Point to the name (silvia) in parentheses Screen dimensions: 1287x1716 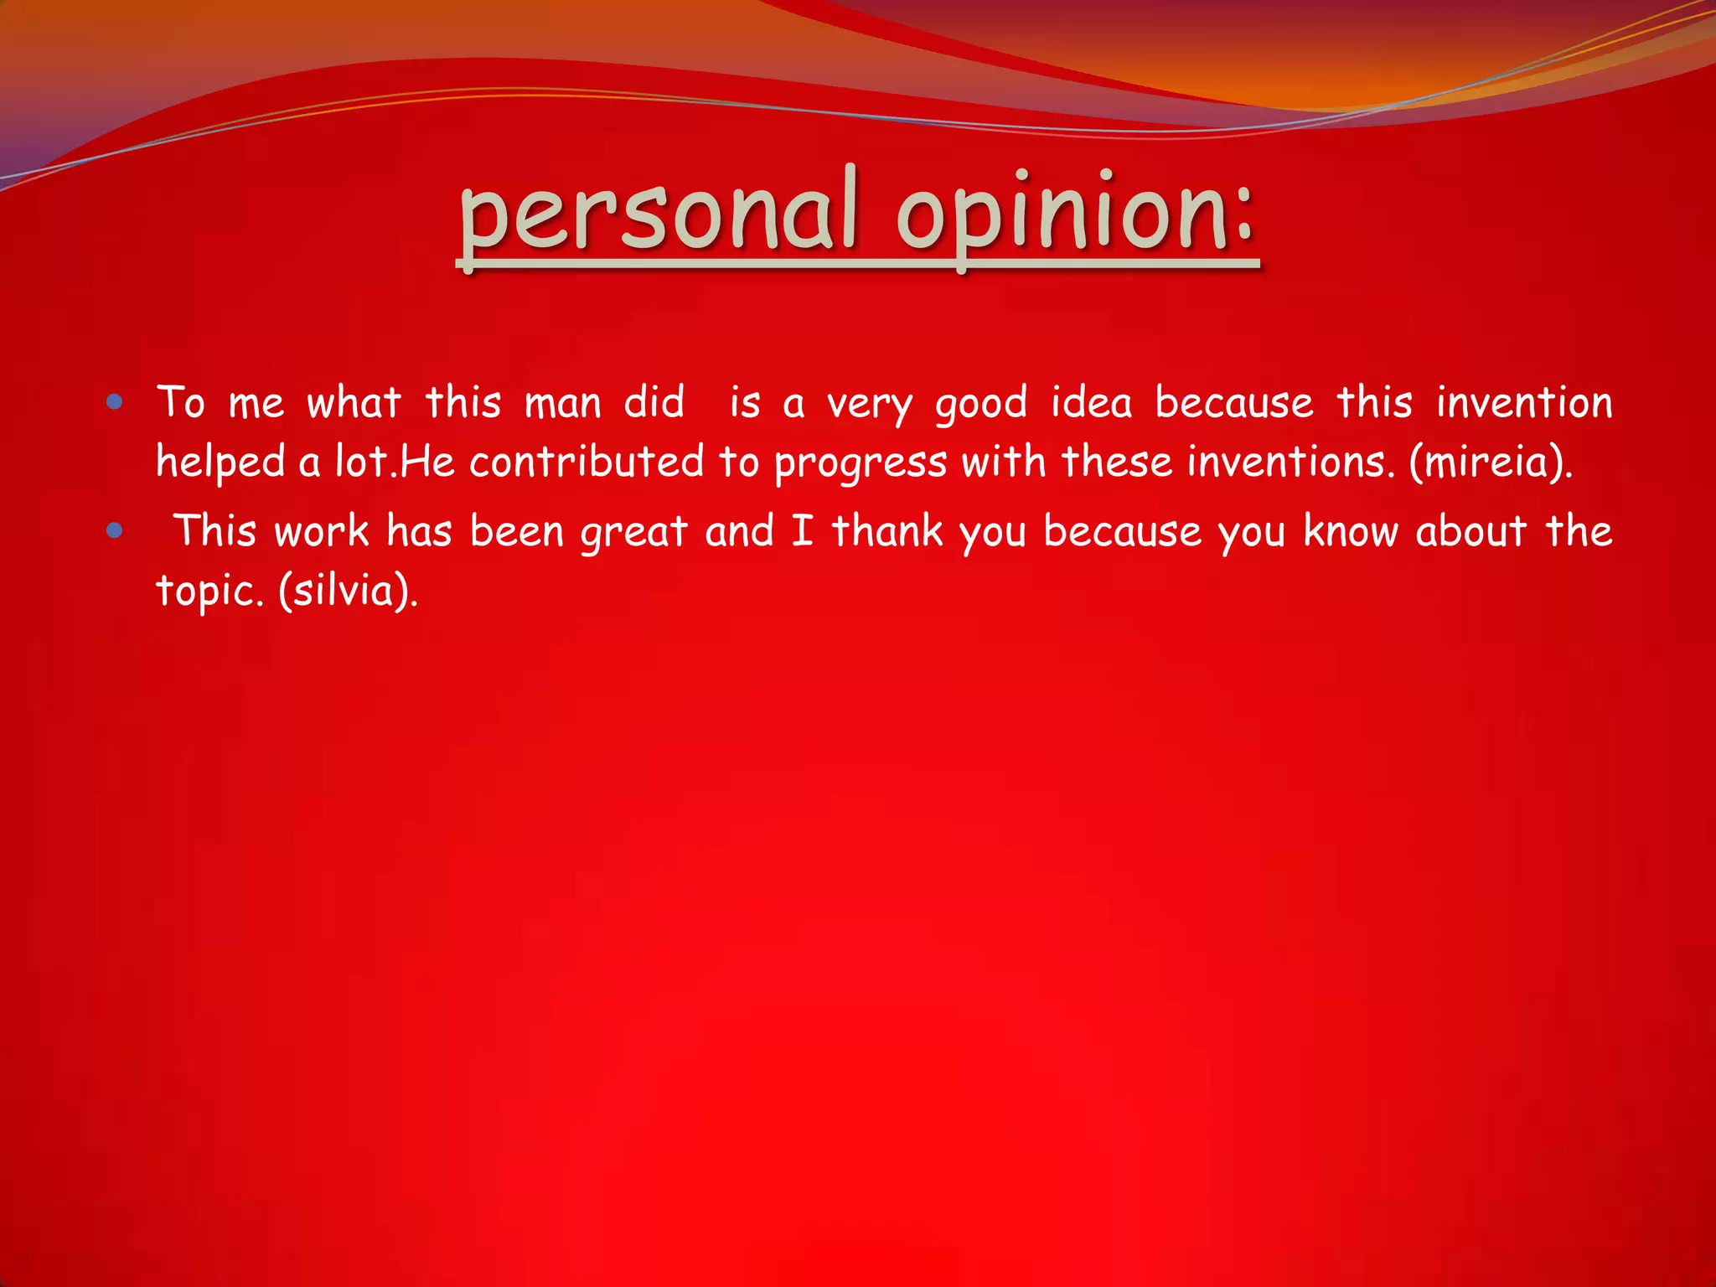346,592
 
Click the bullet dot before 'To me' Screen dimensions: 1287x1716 116,403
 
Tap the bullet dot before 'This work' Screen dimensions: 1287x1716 116,530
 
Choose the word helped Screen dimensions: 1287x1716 220,463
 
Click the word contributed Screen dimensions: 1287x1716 586,463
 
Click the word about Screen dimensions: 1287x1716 1470,531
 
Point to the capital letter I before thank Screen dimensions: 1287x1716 802,531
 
